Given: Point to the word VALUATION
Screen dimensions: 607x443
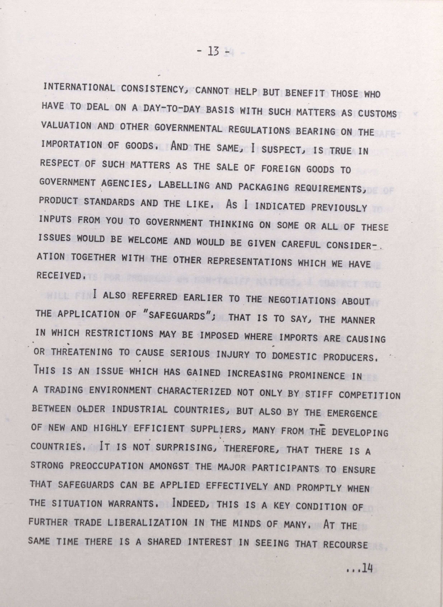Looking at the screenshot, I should (x=66, y=125).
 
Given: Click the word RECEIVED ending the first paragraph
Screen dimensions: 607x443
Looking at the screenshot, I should (x=58, y=275).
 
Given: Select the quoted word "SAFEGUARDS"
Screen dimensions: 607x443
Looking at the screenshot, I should (x=177, y=316).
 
